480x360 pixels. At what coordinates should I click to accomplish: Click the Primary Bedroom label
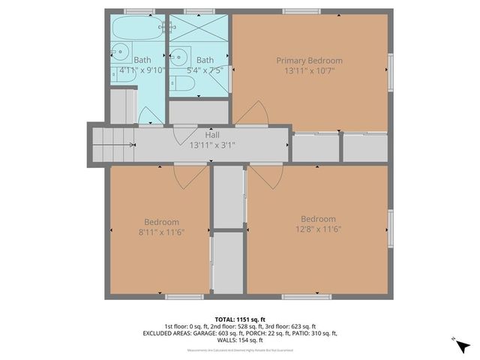pyautogui.click(x=309, y=60)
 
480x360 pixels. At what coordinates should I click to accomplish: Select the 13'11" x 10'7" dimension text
pyautogui.click(x=309, y=71)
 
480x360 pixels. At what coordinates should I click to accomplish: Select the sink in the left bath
pyautogui.click(x=119, y=52)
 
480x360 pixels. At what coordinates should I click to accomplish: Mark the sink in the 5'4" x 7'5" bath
pyautogui.click(x=178, y=55)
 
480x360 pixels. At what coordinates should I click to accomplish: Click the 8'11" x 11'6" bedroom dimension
pyautogui.click(x=161, y=232)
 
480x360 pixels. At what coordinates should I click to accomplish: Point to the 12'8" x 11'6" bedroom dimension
pyautogui.click(x=318, y=229)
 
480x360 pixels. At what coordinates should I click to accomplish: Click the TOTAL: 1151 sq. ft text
pyautogui.click(x=239, y=319)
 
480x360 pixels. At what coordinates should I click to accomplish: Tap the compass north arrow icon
pyautogui.click(x=463, y=347)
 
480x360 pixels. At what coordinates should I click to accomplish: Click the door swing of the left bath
pyautogui.click(x=151, y=116)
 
